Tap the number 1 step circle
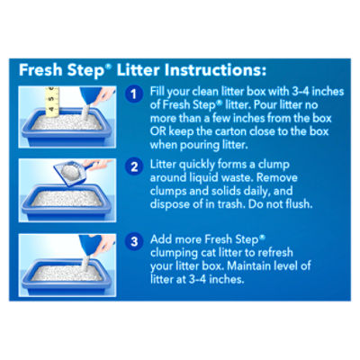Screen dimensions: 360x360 coord(134,94)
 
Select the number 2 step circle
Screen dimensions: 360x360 coord(134,166)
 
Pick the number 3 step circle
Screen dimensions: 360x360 coord(134,241)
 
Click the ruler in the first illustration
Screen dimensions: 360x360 coord(52,102)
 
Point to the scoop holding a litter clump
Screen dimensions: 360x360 coord(73,172)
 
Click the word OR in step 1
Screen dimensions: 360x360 coord(158,131)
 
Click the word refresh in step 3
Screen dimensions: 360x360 coord(275,253)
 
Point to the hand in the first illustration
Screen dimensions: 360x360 coord(103,95)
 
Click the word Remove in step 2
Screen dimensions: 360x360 coord(276,177)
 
